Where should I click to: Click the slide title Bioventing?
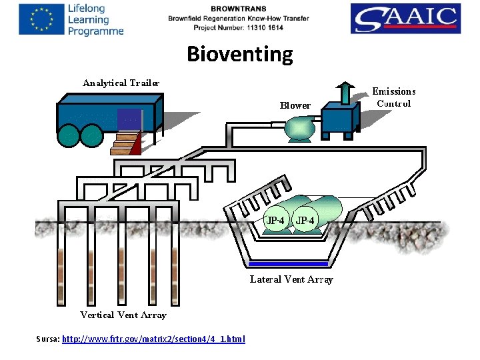click(239, 54)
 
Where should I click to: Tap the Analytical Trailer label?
click(121, 83)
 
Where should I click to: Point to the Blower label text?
click(295, 105)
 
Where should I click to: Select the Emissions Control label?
click(393, 97)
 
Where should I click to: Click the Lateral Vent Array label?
click(291, 279)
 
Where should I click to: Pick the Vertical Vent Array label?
click(123, 315)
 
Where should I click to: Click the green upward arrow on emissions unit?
click(345, 93)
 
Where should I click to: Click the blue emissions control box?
click(339, 121)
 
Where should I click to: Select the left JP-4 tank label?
click(275, 220)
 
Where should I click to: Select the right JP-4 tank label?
click(306, 220)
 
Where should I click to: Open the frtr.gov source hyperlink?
click(153, 339)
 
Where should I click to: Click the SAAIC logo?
click(405, 19)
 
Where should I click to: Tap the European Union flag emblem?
click(38, 19)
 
